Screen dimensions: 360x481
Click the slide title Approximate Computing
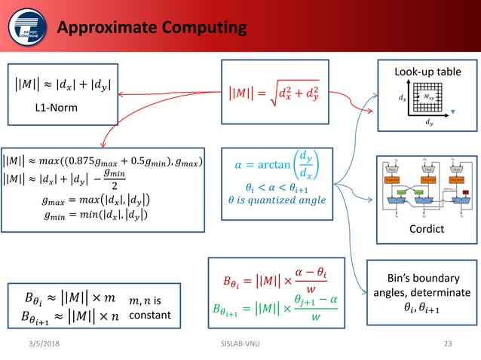[x=152, y=29]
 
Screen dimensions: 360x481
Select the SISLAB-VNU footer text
[x=239, y=344]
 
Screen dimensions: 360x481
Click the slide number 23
[x=448, y=344]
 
